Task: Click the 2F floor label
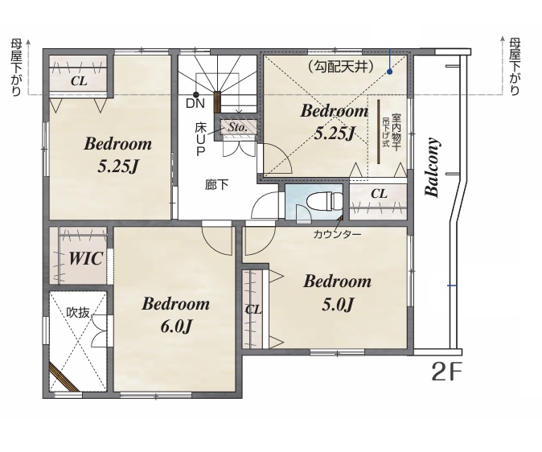(447, 372)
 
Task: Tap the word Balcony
(432, 167)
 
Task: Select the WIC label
(86, 258)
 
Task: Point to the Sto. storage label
(237, 127)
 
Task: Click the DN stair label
(195, 103)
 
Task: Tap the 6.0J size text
(176, 326)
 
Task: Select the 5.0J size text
(338, 305)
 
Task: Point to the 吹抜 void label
(78, 313)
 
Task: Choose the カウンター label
(338, 235)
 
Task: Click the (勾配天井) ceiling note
(340, 66)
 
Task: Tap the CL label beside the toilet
(379, 194)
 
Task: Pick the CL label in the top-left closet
(79, 81)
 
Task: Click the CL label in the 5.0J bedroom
(253, 310)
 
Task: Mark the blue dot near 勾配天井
(389, 72)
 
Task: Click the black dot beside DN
(196, 94)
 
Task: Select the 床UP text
(200, 139)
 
